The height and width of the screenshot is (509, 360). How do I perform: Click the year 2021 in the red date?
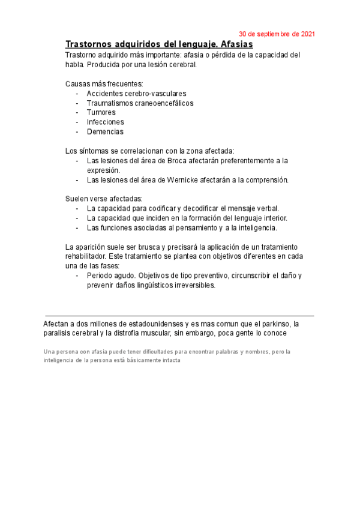pos(307,34)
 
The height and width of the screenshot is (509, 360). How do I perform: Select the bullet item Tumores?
pos(101,112)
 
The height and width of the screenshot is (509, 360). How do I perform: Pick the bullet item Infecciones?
pos(105,122)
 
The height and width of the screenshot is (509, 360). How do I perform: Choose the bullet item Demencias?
pos(105,131)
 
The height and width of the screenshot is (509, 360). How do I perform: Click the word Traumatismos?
pos(110,103)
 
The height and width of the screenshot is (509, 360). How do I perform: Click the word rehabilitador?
pos(87,256)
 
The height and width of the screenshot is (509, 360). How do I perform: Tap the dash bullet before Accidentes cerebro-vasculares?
pos(77,94)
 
